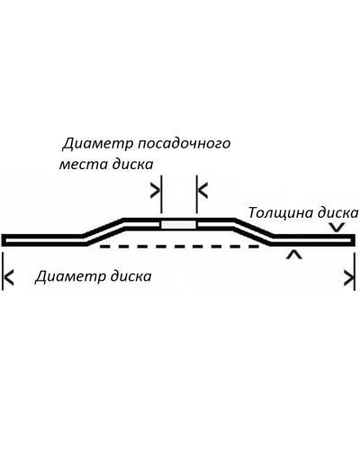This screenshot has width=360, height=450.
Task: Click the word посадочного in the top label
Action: click(184, 144)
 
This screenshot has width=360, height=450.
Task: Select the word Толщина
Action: click(280, 212)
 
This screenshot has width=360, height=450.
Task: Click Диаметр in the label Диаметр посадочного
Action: click(98, 144)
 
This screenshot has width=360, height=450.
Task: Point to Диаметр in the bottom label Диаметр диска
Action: click(70, 276)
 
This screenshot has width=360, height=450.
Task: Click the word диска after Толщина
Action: click(337, 212)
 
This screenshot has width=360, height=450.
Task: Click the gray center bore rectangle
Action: click(179, 225)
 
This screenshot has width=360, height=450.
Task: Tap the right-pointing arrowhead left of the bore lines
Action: click(155, 191)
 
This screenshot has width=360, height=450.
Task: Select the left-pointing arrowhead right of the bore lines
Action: click(203, 191)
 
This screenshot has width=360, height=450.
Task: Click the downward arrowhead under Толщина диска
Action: click(337, 227)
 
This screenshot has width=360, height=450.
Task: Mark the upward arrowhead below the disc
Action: click(294, 255)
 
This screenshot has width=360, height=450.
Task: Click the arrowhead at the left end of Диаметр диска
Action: click(9, 277)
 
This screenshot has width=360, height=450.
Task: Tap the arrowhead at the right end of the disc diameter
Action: click(349, 277)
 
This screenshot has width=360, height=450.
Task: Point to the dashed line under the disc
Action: click(179, 247)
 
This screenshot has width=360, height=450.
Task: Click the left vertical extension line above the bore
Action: click(161, 194)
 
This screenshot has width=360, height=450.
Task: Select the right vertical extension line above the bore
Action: click(197, 194)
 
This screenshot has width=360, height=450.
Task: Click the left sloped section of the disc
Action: click(104, 232)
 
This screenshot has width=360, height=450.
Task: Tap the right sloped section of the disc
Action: click(253, 232)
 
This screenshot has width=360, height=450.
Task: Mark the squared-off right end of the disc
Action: click(353, 240)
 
